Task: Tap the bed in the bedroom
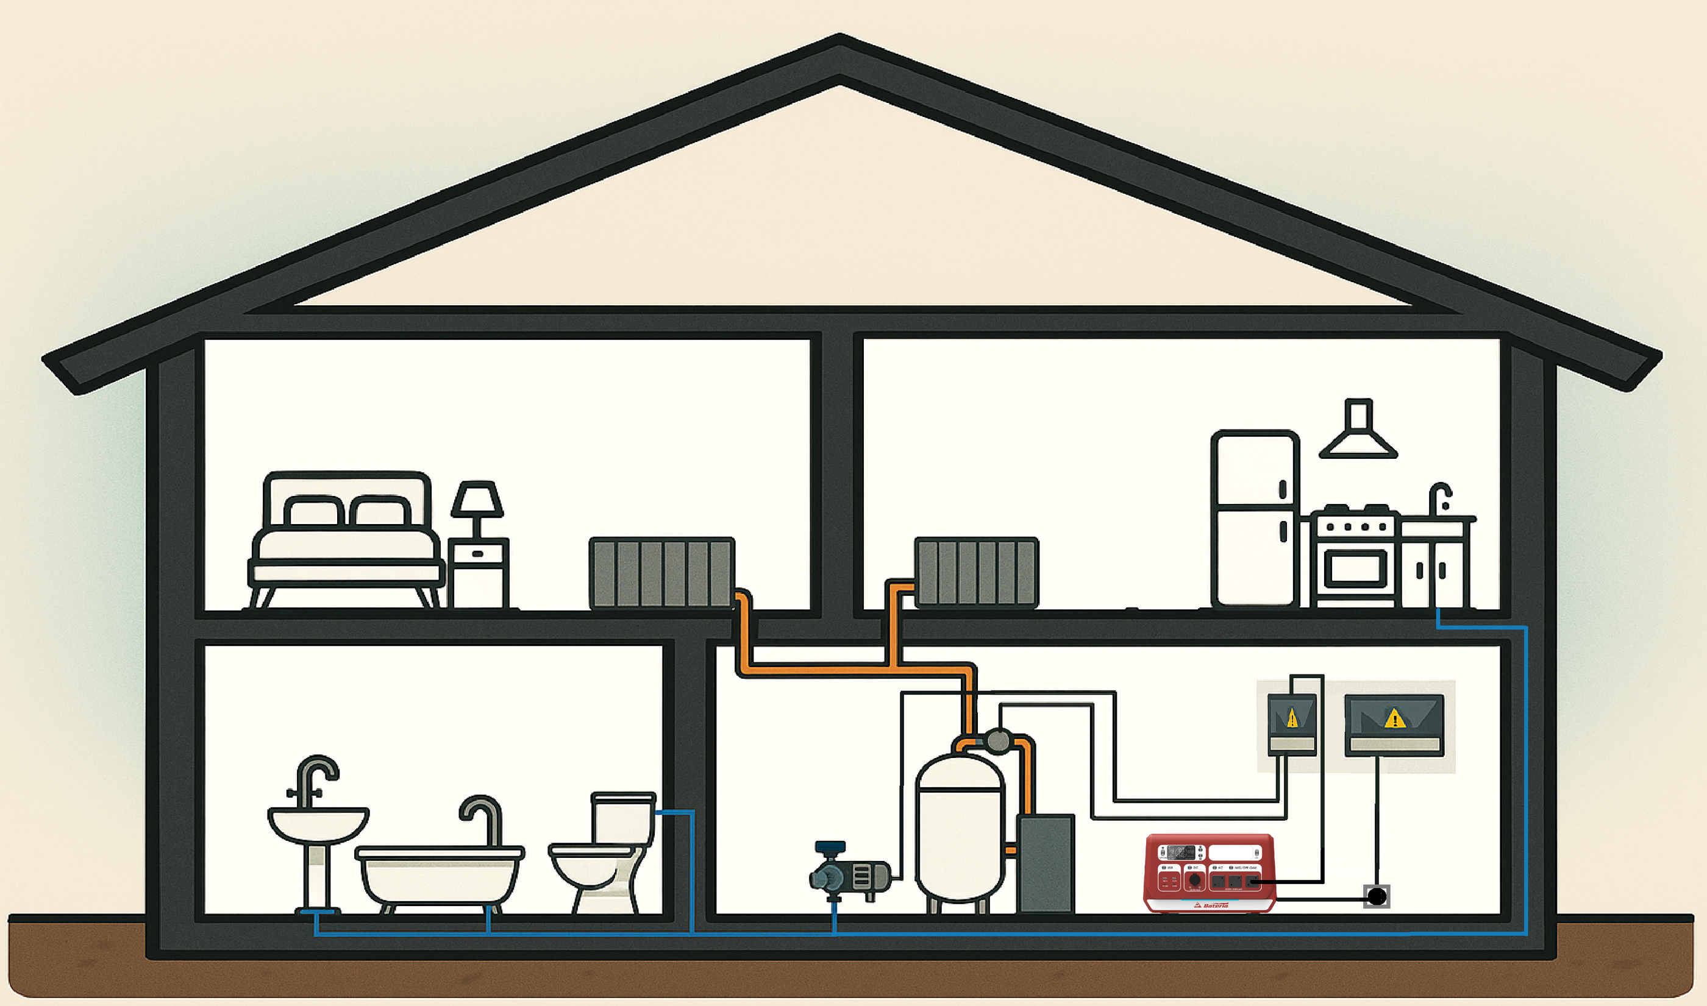point(346,542)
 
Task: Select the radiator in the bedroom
point(661,573)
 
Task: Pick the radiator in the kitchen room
point(977,573)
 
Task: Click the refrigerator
point(1255,519)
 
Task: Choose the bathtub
point(440,874)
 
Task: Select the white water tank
point(959,827)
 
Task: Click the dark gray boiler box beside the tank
point(1046,863)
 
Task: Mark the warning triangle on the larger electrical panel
point(1394,718)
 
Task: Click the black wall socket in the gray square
point(1377,897)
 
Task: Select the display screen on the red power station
point(1180,852)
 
